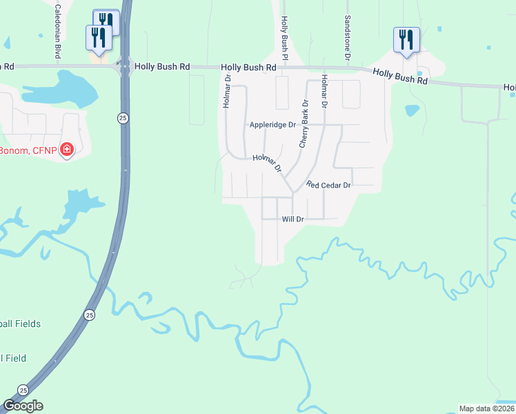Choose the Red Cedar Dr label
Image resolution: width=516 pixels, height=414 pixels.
(x=329, y=185)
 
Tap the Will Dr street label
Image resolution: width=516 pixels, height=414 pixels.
(x=293, y=219)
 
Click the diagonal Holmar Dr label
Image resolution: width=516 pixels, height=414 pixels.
(x=267, y=163)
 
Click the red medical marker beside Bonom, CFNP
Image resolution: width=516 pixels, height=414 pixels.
(x=67, y=149)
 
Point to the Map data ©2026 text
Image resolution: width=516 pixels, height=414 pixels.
(x=486, y=408)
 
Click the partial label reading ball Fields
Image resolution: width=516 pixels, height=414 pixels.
(x=21, y=324)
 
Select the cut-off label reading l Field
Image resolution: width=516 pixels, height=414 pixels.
(x=14, y=358)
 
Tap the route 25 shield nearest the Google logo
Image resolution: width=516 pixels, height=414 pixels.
(x=23, y=389)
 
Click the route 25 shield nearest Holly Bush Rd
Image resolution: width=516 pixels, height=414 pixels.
(x=122, y=119)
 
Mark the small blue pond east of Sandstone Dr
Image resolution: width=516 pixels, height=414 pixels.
(x=413, y=110)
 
